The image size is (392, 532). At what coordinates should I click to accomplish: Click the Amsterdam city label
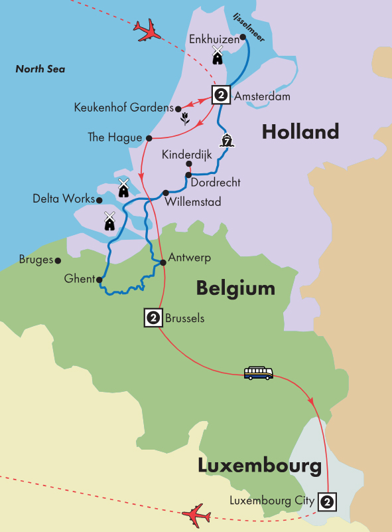263,96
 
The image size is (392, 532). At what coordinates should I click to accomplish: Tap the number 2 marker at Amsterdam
220,96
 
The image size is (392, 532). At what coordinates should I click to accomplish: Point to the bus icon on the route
258,373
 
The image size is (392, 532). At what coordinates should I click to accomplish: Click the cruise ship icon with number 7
229,141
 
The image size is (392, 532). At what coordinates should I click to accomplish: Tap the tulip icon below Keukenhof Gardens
185,119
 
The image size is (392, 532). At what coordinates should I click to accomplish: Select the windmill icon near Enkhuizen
217,55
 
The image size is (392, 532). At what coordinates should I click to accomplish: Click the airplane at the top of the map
148,30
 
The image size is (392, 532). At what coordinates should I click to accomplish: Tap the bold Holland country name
300,132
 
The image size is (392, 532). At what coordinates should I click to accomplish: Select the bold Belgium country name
235,288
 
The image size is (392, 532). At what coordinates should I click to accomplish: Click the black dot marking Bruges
58,261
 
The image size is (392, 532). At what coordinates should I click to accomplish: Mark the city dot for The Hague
149,138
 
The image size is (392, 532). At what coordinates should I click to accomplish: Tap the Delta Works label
64,199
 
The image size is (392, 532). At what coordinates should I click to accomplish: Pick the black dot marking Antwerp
163,262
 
